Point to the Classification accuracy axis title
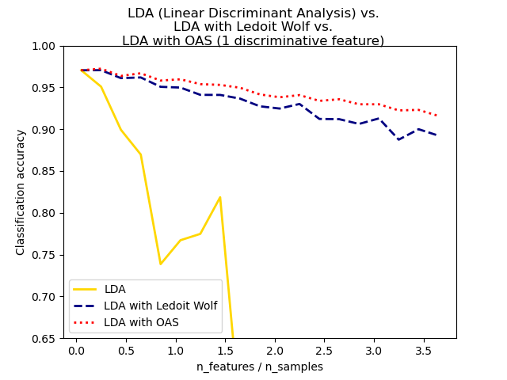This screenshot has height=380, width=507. coord(21,192)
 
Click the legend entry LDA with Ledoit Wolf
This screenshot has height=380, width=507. coord(161,306)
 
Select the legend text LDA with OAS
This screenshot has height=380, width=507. coord(141,322)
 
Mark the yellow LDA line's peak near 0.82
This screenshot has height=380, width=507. coord(219,197)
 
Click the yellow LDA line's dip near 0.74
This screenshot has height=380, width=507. coord(161,264)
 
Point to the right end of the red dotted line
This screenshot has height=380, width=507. coord(436,116)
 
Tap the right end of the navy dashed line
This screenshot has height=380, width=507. coord(436,135)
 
